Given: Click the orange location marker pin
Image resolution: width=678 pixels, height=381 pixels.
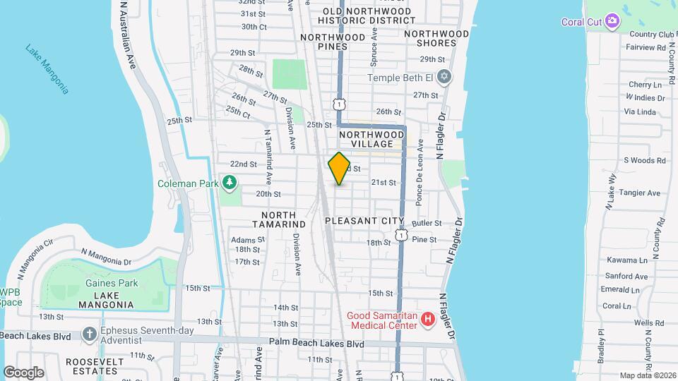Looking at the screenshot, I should tap(339, 169).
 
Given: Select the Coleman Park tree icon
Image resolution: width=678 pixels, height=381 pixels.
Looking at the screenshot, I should tap(229, 183).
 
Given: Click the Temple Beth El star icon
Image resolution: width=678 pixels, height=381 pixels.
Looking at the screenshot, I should tap(444, 77).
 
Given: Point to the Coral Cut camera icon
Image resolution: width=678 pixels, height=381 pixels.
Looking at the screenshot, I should tap(612, 21).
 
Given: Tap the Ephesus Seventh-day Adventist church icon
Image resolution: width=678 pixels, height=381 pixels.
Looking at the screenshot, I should tap(89, 333).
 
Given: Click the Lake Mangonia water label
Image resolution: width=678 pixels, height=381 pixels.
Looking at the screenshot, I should tap(48, 69).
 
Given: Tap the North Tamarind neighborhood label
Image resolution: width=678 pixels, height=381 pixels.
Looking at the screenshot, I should tap(283, 219).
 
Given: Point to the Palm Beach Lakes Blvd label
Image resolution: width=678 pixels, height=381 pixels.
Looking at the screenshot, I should tap(316, 344).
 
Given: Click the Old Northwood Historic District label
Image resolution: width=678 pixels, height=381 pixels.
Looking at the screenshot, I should tap(367, 16).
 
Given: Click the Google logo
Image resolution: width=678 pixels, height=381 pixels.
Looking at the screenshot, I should tap(23, 372).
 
